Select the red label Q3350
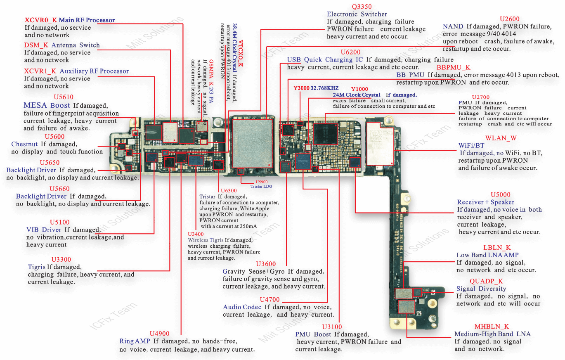pyautogui.click(x=362, y=7)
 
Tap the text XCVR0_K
pyautogui.click(x=41, y=20)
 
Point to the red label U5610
pyautogui.click(x=64, y=97)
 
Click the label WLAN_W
pyautogui.click(x=501, y=138)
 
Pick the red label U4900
pyautogui.click(x=160, y=334)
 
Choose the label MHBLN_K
pyautogui.click(x=492, y=327)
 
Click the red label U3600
pyautogui.click(x=266, y=264)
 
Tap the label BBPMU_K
pyautogui.click(x=453, y=67)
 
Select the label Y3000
pyautogui.click(x=301, y=88)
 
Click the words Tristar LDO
pyautogui.click(x=261, y=186)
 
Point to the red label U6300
pyautogui.click(x=229, y=190)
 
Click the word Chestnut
pyautogui.click(x=25, y=144)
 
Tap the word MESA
pyautogui.click(x=35, y=105)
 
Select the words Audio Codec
pyautogui.click(x=242, y=307)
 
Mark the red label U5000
pyautogui.click(x=500, y=194)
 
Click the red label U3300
pyautogui.click(x=61, y=260)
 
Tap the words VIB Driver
pyautogui.click(x=44, y=230)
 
